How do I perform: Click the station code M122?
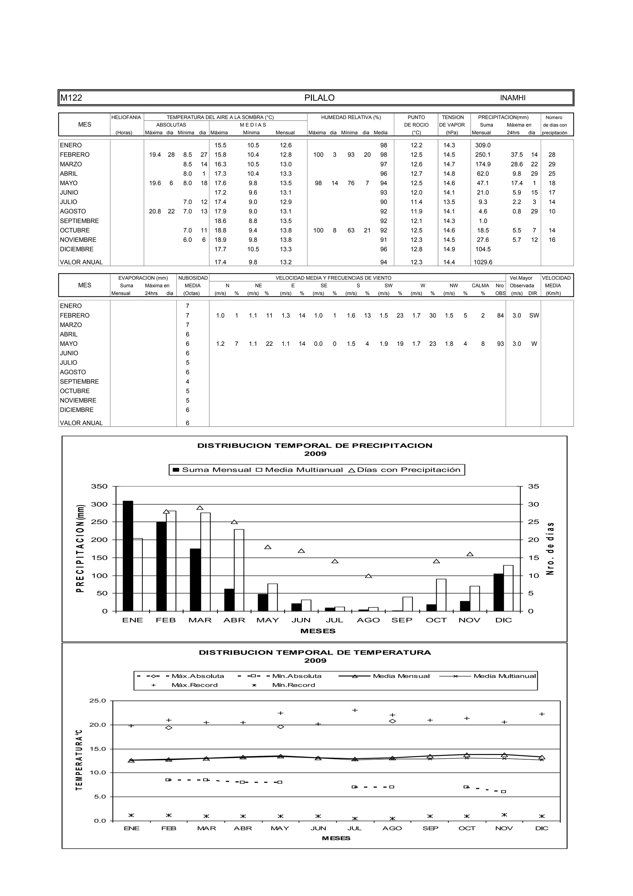tap(71, 98)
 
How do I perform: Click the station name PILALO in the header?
tap(319, 98)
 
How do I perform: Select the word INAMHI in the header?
tap(512, 98)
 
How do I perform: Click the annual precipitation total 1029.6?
tap(483, 262)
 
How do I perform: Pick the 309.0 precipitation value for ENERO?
tap(483, 145)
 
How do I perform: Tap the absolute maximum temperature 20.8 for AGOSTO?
tap(155, 212)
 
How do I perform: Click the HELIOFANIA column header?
tap(126, 118)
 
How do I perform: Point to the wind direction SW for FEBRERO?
tap(534, 316)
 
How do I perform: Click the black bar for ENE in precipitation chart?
tap(128, 556)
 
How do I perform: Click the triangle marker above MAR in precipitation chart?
tap(200, 508)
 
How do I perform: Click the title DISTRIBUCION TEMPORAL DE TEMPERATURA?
tap(315, 653)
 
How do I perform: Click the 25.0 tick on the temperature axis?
tap(97, 701)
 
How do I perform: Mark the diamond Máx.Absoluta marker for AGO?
tap(392, 721)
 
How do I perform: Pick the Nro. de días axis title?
tap(550, 548)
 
